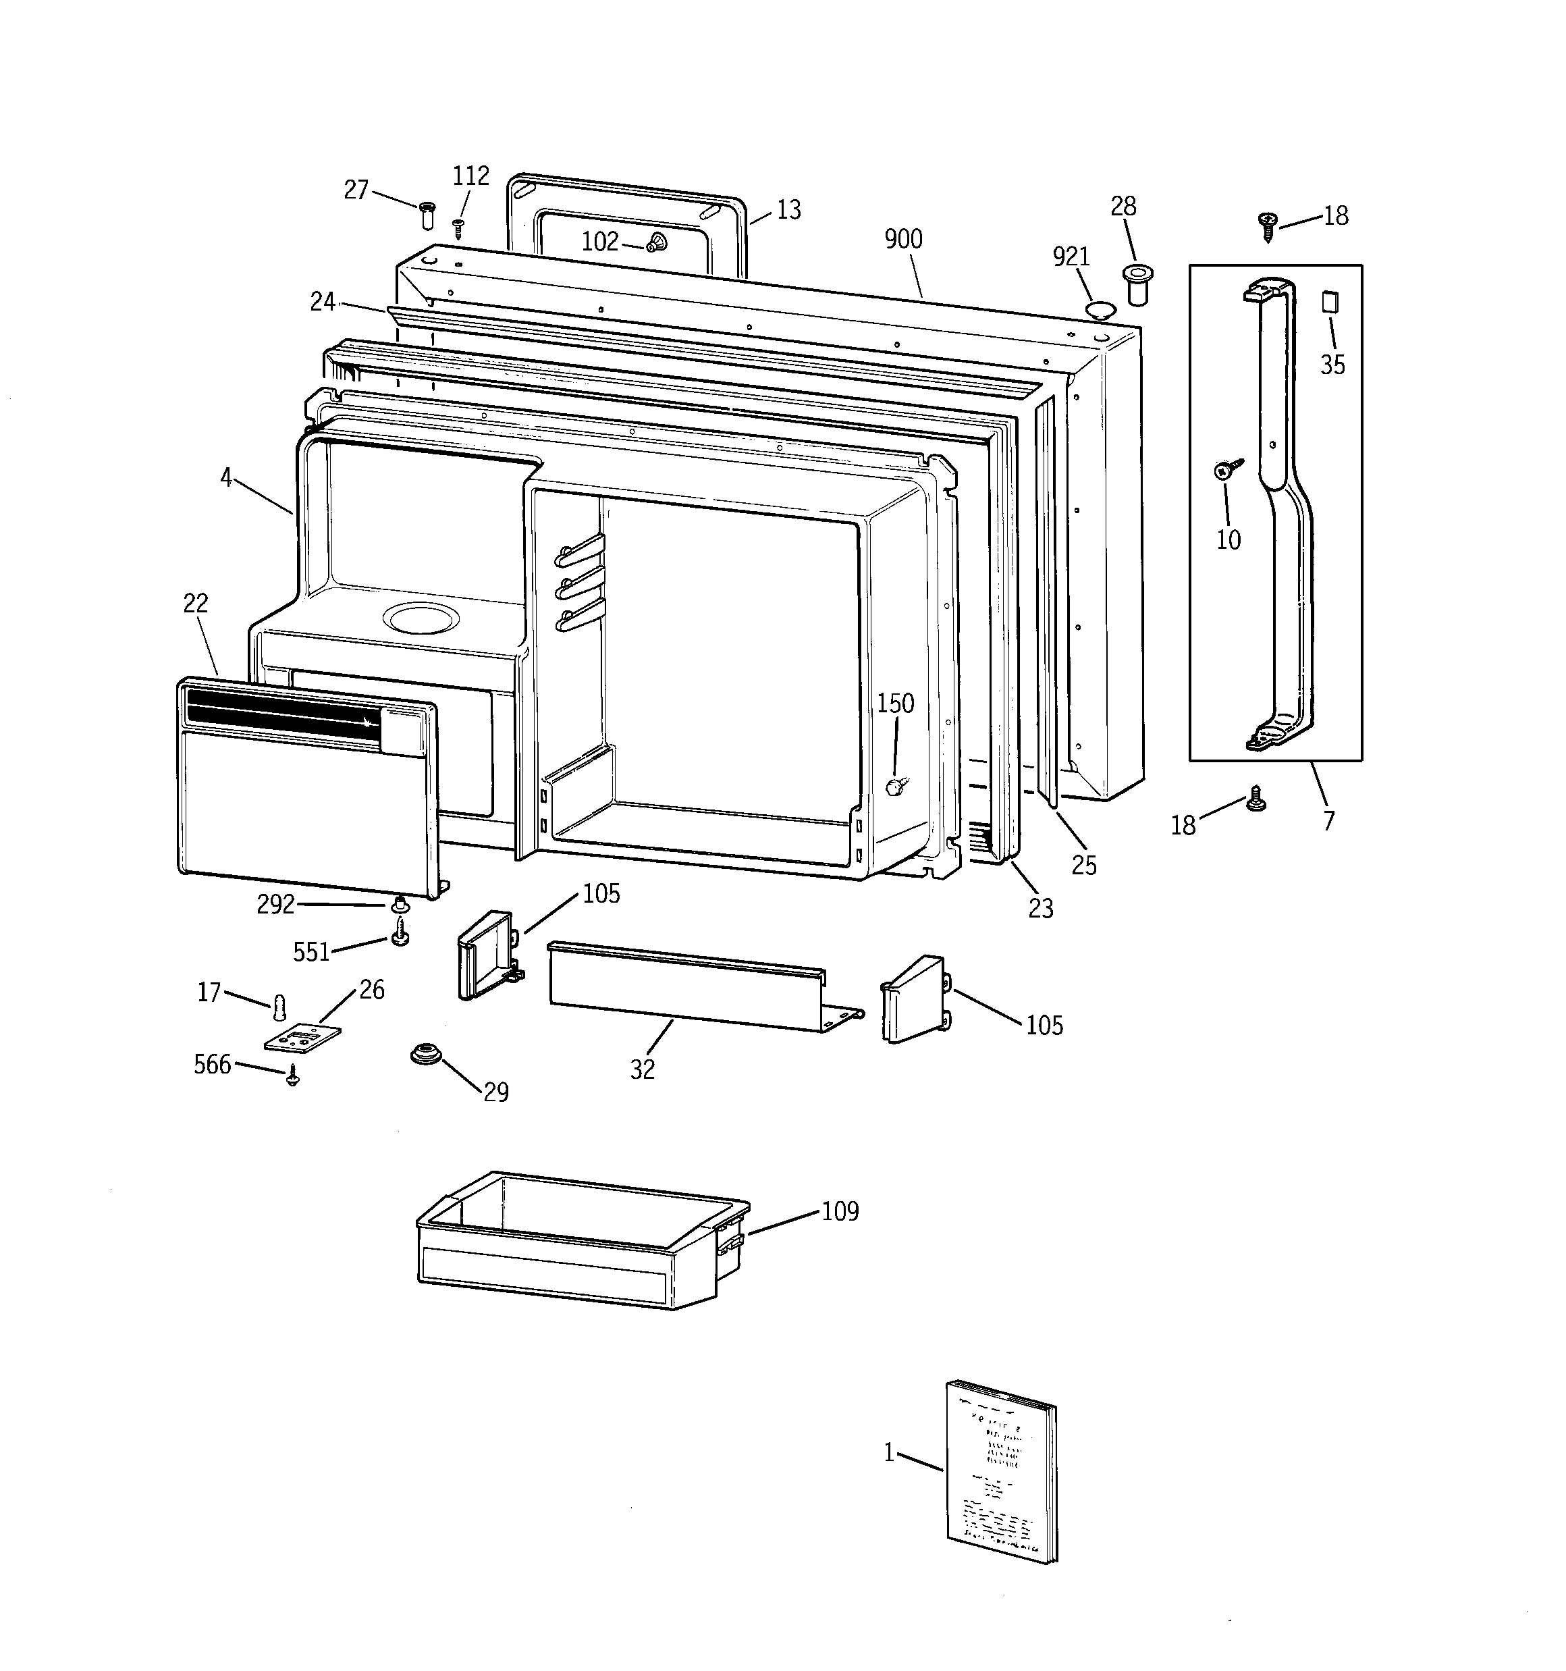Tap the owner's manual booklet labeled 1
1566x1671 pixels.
coord(1001,1471)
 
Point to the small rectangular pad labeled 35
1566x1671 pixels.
coord(1329,302)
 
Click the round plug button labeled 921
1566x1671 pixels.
coord(1100,309)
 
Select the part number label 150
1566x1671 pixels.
coord(895,704)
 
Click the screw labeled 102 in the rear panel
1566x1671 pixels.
coord(655,244)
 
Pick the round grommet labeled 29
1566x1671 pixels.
coord(425,1053)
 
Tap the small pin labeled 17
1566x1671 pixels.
coord(281,1006)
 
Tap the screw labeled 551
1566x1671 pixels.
coord(401,932)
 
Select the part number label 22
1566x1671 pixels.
coord(196,604)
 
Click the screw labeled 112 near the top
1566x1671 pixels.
coord(458,228)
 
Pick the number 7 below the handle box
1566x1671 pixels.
coord(1328,820)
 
